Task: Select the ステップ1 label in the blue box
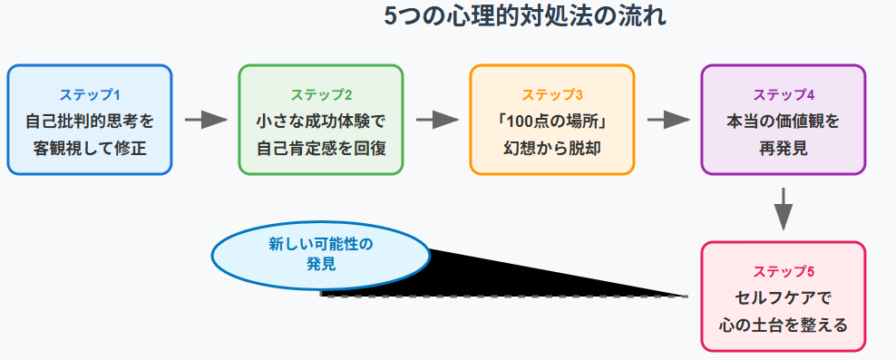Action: point(90,95)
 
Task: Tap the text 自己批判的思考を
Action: point(90,120)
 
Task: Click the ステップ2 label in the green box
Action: point(321,95)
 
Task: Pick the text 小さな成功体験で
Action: point(321,120)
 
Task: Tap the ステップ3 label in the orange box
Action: point(552,95)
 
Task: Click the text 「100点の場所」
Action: point(552,120)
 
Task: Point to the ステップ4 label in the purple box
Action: point(784,95)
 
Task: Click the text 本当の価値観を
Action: point(784,120)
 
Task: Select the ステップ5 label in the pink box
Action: point(784,272)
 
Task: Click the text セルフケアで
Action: point(784,297)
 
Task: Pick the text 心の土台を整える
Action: point(784,324)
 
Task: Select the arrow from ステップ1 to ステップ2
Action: point(205,120)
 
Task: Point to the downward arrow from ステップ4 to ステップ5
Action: point(784,209)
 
